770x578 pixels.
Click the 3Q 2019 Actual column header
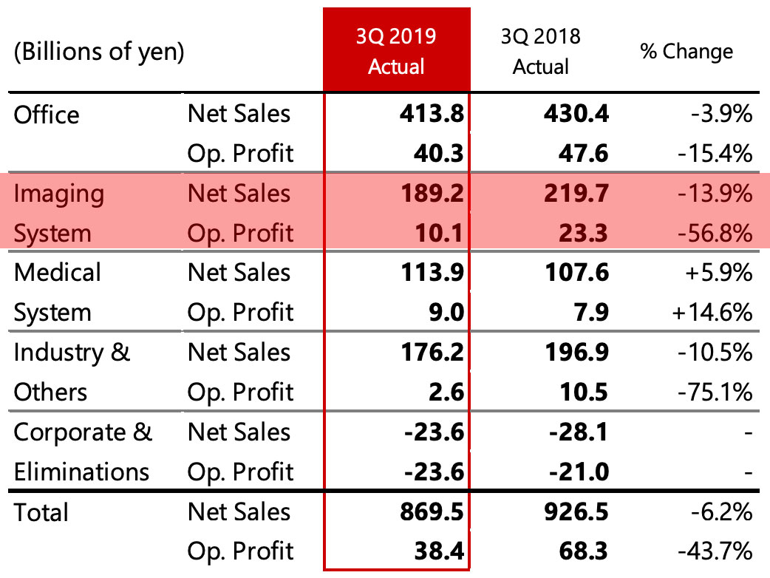[396, 52]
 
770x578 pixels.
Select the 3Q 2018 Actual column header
[541, 52]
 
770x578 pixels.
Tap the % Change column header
[686, 52]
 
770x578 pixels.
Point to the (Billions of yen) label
[98, 52]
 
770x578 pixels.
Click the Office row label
[47, 115]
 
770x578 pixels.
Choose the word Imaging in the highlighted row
[59, 194]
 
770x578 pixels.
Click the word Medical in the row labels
[58, 273]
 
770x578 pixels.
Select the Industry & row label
[72, 353]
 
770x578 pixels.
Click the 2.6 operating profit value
[446, 392]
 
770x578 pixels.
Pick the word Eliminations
[82, 472]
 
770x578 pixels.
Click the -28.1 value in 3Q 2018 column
[579, 432]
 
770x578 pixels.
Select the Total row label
[41, 512]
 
